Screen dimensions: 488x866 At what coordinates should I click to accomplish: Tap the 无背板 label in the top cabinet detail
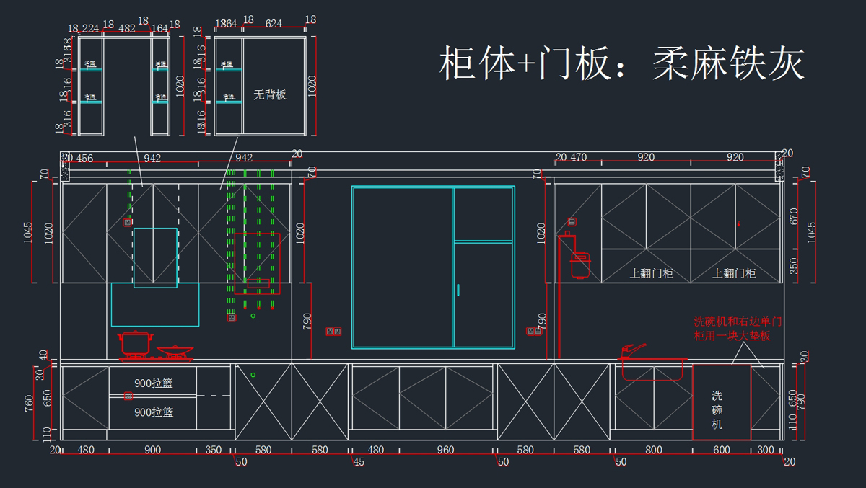click(270, 94)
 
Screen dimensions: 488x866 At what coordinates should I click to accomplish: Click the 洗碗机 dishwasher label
click(717, 409)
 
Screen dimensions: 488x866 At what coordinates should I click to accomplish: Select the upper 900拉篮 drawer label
click(154, 383)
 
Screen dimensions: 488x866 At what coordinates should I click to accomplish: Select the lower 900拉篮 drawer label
click(154, 412)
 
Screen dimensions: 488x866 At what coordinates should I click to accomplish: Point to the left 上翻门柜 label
click(651, 273)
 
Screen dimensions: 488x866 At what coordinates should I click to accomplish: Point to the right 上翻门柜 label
click(734, 273)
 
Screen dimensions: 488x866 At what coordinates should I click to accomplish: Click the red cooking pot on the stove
click(135, 343)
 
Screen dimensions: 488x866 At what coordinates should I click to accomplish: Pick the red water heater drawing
click(579, 263)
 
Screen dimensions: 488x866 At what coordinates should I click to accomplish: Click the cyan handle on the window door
click(458, 290)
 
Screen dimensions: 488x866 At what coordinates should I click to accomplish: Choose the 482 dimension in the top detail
click(127, 28)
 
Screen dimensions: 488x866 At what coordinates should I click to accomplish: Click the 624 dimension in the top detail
click(274, 23)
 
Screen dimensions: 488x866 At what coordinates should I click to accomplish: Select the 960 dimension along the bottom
click(445, 450)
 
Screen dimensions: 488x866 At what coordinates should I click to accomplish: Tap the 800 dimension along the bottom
click(653, 450)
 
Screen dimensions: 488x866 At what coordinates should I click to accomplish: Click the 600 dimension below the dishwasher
click(722, 450)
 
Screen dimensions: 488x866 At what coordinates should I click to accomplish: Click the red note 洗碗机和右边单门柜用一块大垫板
click(737, 329)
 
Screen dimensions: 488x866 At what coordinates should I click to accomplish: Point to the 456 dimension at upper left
click(84, 159)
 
